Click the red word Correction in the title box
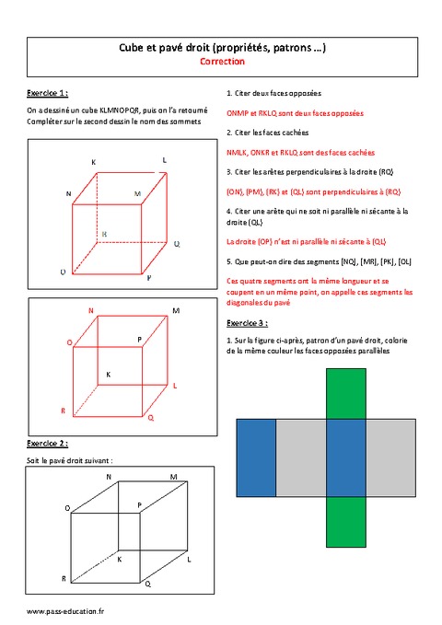click(x=222, y=62)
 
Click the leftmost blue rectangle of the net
click(x=256, y=457)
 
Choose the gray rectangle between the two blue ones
click(x=300, y=457)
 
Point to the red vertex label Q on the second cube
click(x=151, y=418)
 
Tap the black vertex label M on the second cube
click(x=175, y=311)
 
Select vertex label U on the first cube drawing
click(x=63, y=273)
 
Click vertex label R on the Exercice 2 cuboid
click(x=63, y=578)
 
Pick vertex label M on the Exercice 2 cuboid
click(x=173, y=476)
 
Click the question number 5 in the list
click(x=227, y=262)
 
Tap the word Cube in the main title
click(x=134, y=47)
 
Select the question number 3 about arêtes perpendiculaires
click(x=227, y=172)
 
